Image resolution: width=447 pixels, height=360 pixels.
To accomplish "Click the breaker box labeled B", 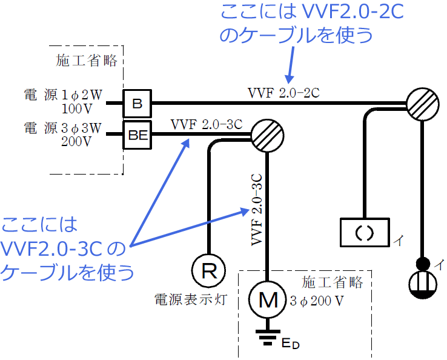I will coord(137,103).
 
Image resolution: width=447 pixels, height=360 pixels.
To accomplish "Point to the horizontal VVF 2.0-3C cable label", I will coord(206,125).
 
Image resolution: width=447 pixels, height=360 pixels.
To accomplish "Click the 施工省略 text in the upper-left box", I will coord(90,61).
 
